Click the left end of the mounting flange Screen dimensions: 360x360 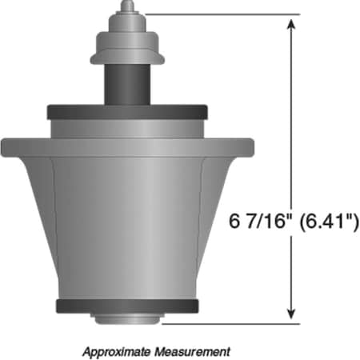coord(10,146)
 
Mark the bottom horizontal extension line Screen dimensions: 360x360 coord(232,324)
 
